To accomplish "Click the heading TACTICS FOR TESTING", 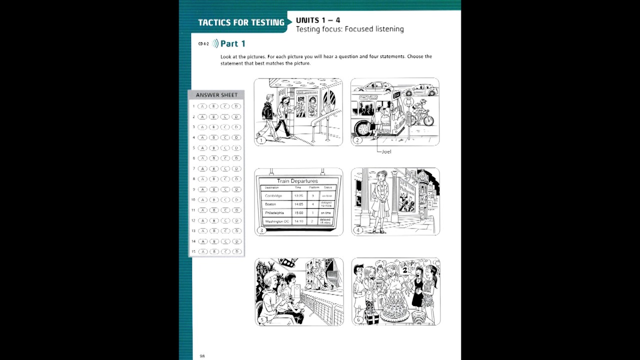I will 241,22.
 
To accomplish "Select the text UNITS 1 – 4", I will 318,20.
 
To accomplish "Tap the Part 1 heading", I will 232,43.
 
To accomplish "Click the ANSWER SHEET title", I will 216,95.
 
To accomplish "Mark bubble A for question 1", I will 202,106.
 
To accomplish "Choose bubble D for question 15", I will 236,251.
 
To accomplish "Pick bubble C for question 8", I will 225,179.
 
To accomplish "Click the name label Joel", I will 386,151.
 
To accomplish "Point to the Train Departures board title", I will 297,181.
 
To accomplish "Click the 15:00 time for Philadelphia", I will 298,212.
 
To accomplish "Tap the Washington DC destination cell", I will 276,221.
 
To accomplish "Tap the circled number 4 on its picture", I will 358,230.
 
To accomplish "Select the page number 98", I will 202,356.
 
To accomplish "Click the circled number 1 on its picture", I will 260,140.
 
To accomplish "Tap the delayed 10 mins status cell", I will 326,204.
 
